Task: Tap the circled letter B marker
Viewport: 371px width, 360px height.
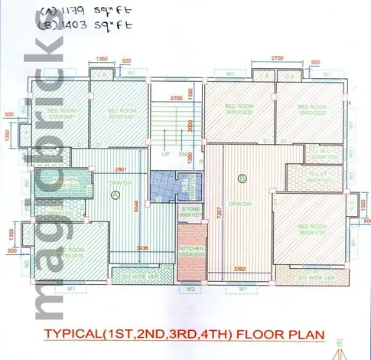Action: [242, 180]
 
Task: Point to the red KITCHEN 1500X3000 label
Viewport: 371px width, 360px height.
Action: [190, 253]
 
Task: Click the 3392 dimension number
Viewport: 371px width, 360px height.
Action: [239, 269]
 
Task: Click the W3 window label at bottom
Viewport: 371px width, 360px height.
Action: [190, 290]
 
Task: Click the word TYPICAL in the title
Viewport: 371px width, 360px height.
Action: [76, 335]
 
